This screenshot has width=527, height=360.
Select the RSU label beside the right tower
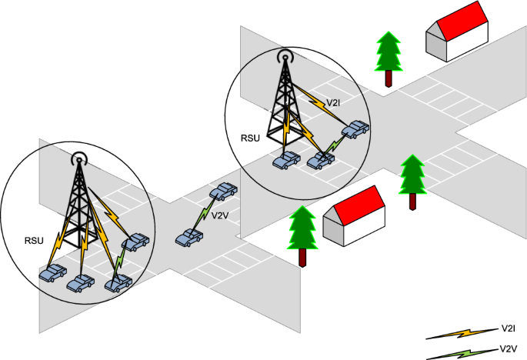[x=252, y=138]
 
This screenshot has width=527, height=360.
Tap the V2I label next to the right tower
[x=334, y=102]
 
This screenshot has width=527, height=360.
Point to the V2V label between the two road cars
[x=220, y=215]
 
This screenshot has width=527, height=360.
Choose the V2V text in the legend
[x=508, y=347]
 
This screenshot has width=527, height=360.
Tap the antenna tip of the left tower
[x=78, y=161]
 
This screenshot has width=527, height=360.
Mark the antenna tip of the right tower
[x=285, y=56]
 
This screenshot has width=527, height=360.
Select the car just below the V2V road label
[x=188, y=238]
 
